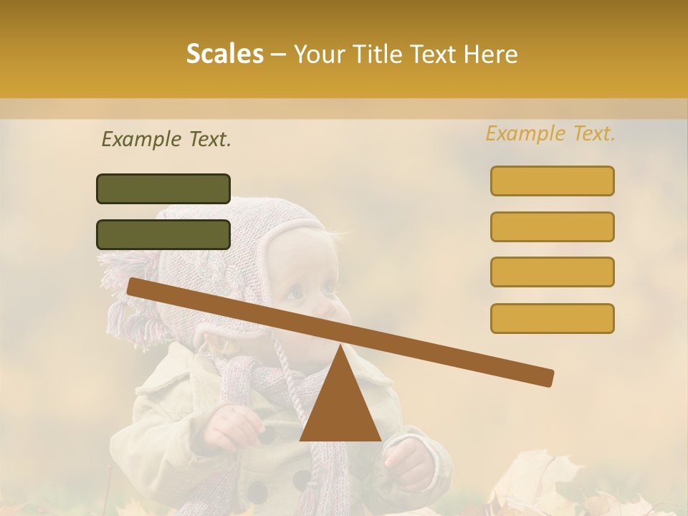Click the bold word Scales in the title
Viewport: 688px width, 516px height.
[x=225, y=54]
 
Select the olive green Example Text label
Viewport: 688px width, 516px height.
[x=166, y=140]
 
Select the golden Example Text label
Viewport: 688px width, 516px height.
[x=550, y=134]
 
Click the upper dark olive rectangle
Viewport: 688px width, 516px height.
[x=163, y=188]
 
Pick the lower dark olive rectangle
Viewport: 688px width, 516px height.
[x=163, y=234]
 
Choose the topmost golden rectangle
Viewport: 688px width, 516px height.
[x=552, y=181]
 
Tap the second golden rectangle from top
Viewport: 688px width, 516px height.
[x=552, y=226]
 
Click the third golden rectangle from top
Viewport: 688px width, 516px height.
[x=552, y=272]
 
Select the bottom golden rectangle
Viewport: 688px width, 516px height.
[x=552, y=318]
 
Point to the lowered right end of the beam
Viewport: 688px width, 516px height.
[x=546, y=378]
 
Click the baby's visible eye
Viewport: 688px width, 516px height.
[x=295, y=292]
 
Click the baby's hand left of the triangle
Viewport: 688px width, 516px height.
[x=231, y=428]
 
